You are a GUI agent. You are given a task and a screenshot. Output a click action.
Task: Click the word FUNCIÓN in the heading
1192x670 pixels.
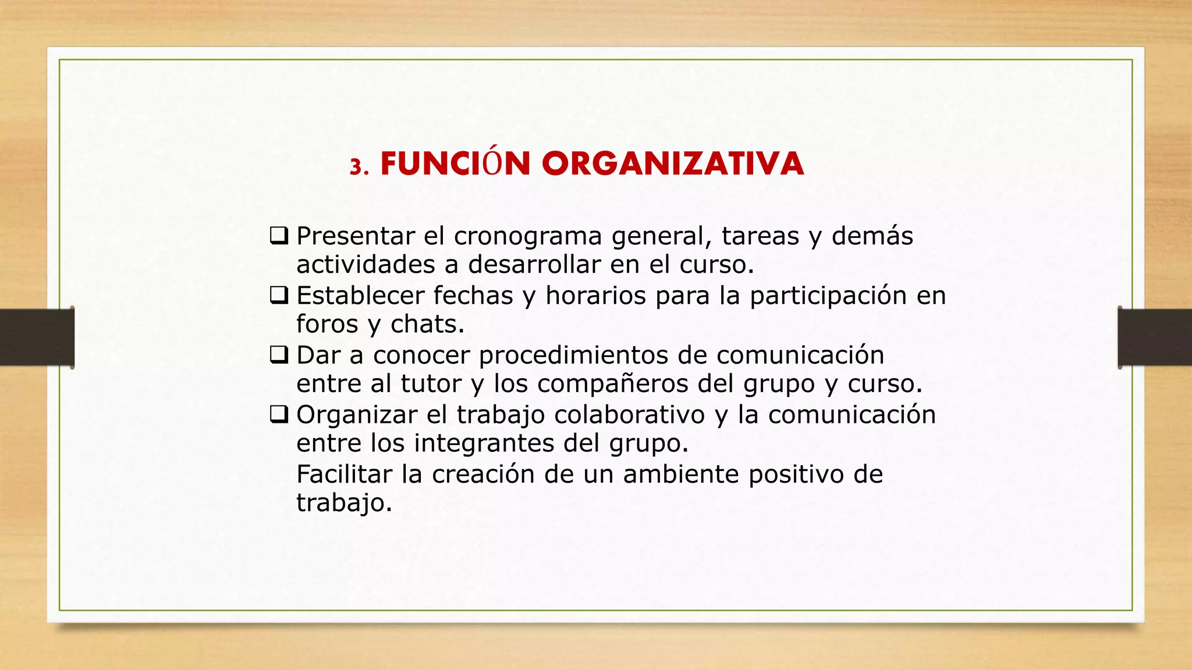(x=455, y=163)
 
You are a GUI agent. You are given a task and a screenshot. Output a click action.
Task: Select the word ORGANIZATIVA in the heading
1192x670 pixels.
(x=673, y=163)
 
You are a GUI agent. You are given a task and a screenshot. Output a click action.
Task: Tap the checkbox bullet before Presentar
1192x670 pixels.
(x=279, y=236)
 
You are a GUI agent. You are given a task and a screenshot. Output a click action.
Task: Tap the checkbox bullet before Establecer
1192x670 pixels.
(x=279, y=295)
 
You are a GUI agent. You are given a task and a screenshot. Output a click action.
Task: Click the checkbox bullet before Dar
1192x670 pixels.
(x=279, y=355)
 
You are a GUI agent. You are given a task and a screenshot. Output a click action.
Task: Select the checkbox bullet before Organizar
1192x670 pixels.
(x=279, y=415)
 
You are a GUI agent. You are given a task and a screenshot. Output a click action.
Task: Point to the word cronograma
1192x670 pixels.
(x=527, y=237)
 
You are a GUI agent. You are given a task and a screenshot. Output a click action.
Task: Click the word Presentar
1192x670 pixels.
(x=355, y=236)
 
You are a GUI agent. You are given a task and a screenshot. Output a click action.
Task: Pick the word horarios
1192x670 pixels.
(x=595, y=296)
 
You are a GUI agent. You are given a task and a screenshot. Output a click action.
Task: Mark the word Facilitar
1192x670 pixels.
(x=344, y=475)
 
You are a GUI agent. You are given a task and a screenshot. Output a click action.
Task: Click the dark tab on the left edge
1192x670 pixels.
(x=37, y=337)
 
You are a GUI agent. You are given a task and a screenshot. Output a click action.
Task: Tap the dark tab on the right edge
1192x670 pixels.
(x=1155, y=337)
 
